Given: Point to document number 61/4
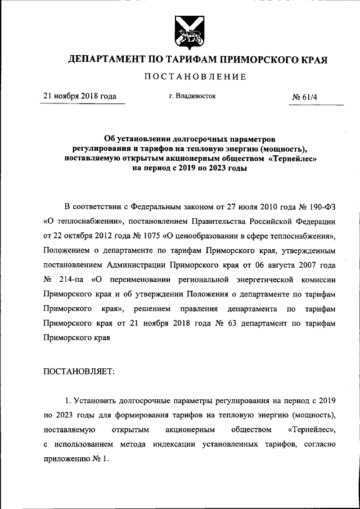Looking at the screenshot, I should point(308,97).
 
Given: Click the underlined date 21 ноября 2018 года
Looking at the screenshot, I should point(80,96).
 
